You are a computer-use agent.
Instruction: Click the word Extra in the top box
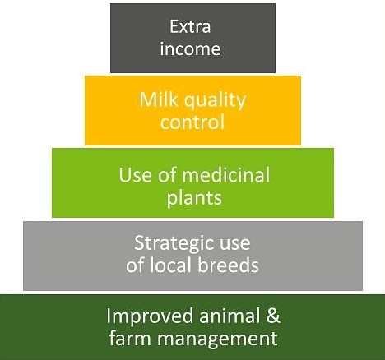(190, 26)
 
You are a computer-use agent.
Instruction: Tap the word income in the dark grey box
(190, 48)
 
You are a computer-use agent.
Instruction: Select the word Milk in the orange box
(159, 99)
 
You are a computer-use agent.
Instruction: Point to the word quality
(215, 101)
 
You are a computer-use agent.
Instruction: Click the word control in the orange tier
(192, 122)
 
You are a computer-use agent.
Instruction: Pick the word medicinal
(226, 175)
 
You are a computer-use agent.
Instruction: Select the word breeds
(229, 265)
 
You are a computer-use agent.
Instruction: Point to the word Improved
(150, 316)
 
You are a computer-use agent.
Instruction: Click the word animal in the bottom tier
(230, 316)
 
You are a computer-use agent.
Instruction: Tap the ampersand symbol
(273, 316)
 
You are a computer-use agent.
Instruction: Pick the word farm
(130, 338)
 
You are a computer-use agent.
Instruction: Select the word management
(217, 339)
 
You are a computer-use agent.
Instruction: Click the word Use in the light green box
(135, 175)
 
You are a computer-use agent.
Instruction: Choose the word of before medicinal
(167, 175)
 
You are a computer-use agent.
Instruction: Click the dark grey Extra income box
(192, 38)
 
